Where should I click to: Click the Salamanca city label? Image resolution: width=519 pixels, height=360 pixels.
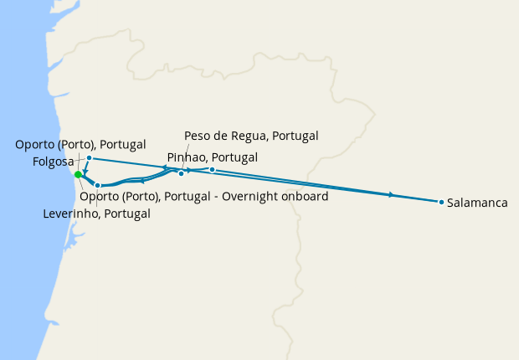[x=477, y=203]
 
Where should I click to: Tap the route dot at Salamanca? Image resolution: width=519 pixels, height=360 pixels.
[x=441, y=202]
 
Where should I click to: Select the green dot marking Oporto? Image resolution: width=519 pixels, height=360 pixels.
[x=78, y=174]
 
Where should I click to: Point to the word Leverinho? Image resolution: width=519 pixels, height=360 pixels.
[x=69, y=213]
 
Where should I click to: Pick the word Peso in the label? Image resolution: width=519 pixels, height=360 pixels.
[x=198, y=136]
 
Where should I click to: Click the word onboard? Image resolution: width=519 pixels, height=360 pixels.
[x=301, y=197]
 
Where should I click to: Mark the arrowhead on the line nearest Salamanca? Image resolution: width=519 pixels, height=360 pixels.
[x=392, y=195]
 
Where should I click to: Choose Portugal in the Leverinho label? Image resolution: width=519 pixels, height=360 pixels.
[x=126, y=213]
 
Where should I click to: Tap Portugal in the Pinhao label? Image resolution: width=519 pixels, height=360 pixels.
[x=233, y=157]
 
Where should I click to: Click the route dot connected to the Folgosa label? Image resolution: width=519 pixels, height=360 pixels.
[x=89, y=157]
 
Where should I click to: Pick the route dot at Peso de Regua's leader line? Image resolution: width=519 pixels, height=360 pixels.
[x=181, y=173]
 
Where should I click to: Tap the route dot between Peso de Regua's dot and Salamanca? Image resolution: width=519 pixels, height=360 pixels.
[x=213, y=170]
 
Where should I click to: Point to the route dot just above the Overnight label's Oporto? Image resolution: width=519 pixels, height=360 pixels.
[x=98, y=185]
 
